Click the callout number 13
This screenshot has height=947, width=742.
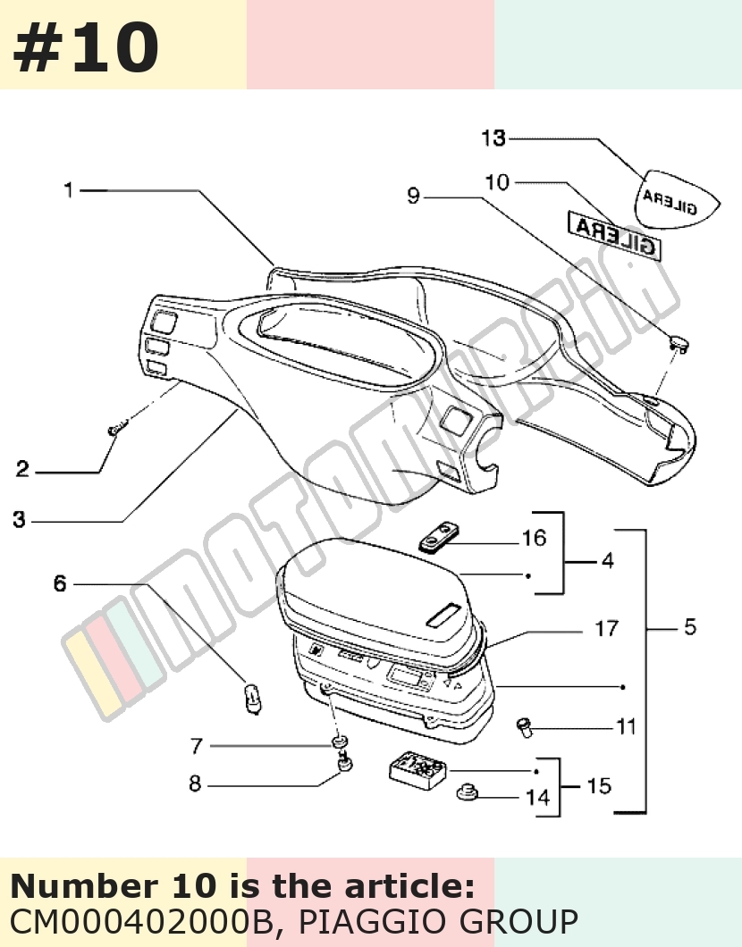click(x=493, y=138)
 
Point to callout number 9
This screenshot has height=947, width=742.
click(x=413, y=196)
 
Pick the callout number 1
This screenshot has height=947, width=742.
click(x=68, y=190)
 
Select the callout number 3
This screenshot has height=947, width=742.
click(x=20, y=519)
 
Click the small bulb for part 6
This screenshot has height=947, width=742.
click(x=252, y=699)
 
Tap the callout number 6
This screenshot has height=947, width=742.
click(x=59, y=583)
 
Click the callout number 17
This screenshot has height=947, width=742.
click(x=607, y=629)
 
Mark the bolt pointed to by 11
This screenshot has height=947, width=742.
click(x=525, y=726)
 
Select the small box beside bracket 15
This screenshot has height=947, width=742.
click(x=417, y=767)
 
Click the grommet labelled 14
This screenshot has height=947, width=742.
click(x=466, y=792)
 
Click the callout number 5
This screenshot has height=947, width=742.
click(x=690, y=627)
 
